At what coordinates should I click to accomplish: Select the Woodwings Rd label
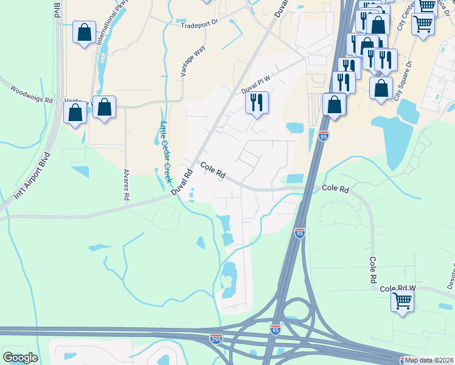pyautogui.click(x=32, y=94)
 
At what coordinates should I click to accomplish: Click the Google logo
pyautogui.click(x=20, y=358)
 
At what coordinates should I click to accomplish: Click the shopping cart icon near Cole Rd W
pyautogui.click(x=402, y=300)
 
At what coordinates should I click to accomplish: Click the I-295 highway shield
pyautogui.click(x=216, y=338)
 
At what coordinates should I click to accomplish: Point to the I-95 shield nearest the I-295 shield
pyautogui.click(x=275, y=329)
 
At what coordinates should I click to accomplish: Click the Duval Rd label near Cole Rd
pyautogui.click(x=181, y=182)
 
